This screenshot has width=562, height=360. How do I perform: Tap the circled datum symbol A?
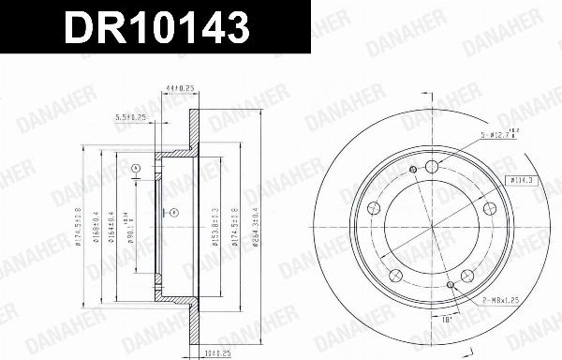[136, 169]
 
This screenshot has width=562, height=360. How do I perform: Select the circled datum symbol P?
[175, 213]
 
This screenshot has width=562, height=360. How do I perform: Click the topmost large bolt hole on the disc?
[432, 167]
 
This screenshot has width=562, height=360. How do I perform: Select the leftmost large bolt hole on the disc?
[374, 208]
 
